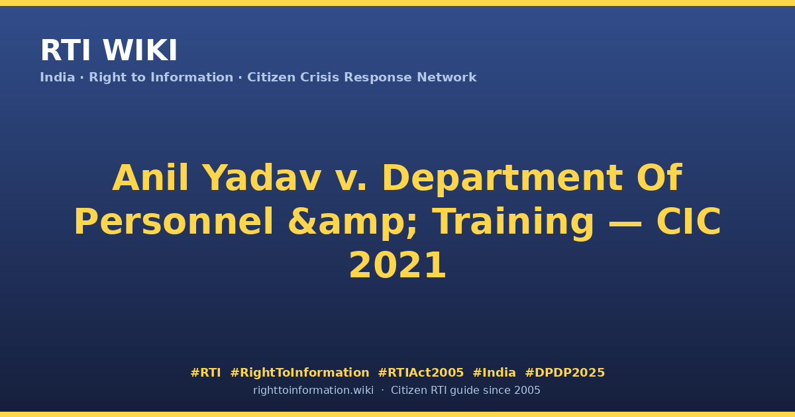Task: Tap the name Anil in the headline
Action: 150,178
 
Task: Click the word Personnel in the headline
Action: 174,222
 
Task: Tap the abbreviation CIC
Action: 688,222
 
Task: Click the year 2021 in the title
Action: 397,265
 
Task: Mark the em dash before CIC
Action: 625,224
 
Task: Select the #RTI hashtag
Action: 205,373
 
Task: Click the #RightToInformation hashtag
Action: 299,373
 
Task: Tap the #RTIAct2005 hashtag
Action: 421,373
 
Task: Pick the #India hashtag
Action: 494,373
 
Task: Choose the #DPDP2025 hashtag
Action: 564,373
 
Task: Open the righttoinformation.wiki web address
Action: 313,391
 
